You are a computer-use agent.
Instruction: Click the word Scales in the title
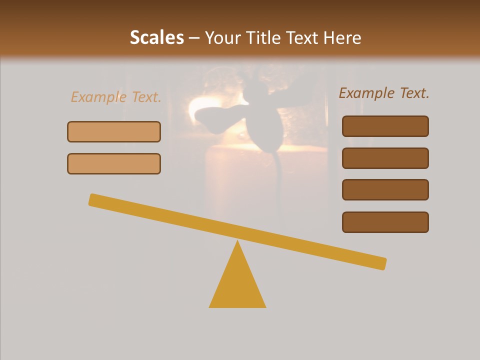156,37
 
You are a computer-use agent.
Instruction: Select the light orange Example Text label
116,97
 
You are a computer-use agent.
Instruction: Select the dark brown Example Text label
384,93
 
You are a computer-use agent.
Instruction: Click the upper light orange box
114,132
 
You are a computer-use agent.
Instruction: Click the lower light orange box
114,163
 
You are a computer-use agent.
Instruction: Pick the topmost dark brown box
385,126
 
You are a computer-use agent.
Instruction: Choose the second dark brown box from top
385,158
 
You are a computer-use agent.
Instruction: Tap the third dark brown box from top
385,190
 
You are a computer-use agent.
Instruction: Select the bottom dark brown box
385,222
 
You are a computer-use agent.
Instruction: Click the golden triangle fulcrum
237,285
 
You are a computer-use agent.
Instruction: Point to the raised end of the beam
93,199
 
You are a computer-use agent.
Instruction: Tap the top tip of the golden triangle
237,242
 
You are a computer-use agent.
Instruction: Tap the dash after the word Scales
194,38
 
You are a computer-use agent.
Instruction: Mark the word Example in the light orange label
98,97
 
